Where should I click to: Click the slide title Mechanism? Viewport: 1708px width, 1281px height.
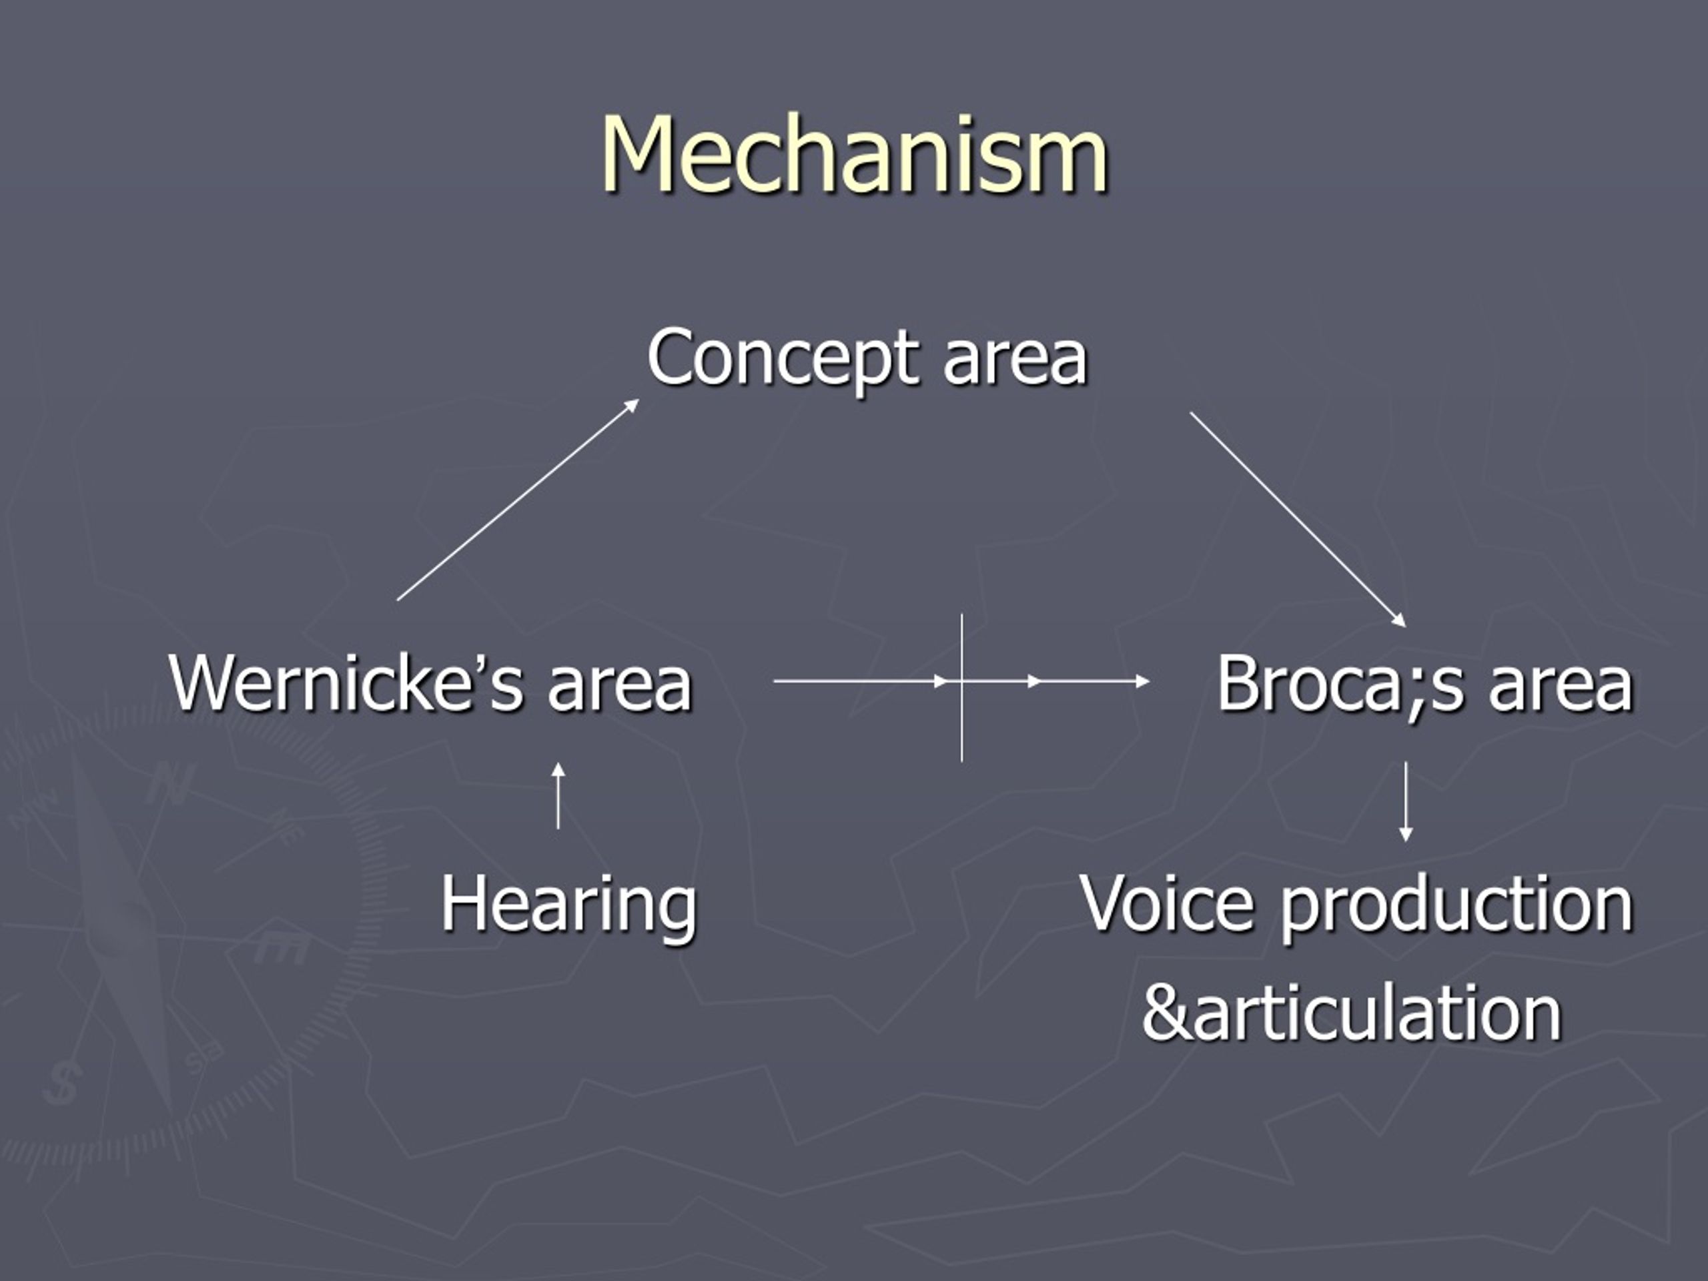pyautogui.click(x=855, y=153)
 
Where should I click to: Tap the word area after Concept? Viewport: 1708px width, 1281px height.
pyautogui.click(x=1015, y=360)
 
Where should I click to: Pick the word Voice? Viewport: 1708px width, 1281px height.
pyautogui.click(x=1168, y=903)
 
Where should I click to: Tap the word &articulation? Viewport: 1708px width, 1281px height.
pyautogui.click(x=1352, y=1012)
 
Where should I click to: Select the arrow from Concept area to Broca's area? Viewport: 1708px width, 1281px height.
pyautogui.click(x=1298, y=520)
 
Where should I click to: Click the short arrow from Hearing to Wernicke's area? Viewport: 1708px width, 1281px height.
pyautogui.click(x=558, y=795)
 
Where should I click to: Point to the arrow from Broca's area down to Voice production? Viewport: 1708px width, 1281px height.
pyautogui.click(x=1406, y=801)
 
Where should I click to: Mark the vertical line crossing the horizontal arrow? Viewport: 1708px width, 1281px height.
pyautogui.click(x=962, y=688)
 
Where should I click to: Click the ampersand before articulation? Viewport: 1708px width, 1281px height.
pyautogui.click(x=1167, y=1012)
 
